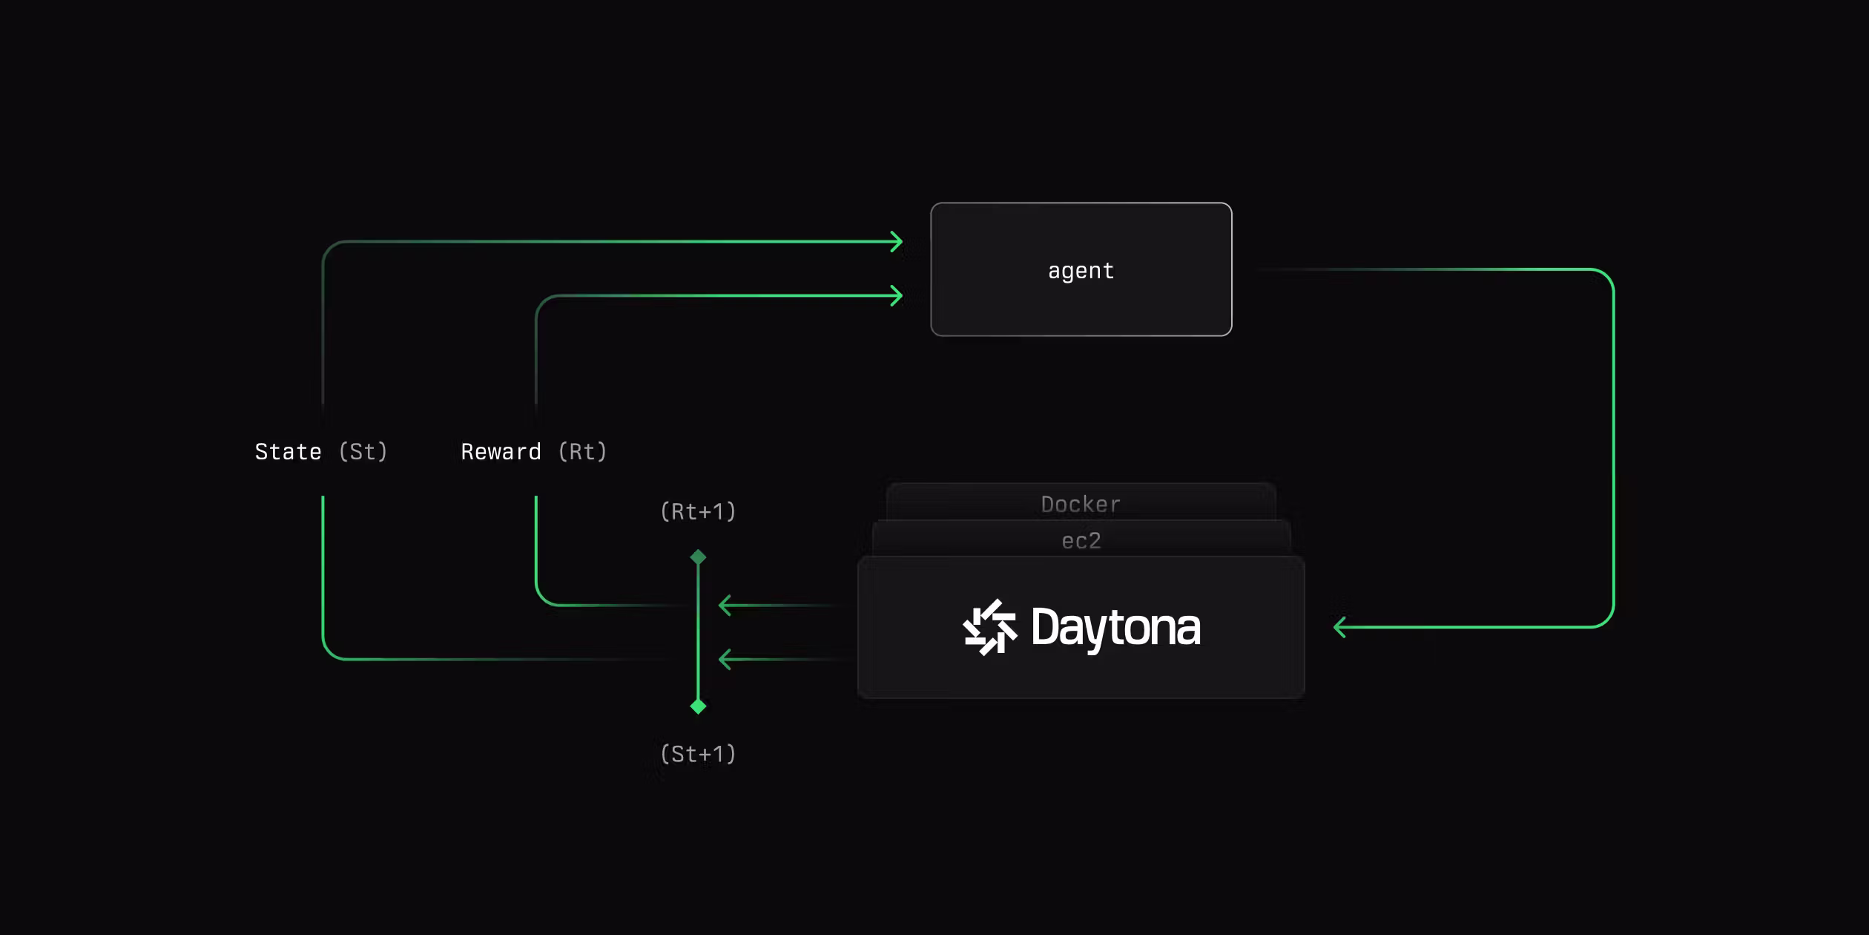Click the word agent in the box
[1081, 272]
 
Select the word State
[288, 452]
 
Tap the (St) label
[363, 452]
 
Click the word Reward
[501, 452]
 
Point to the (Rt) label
[582, 452]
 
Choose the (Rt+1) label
[698, 511]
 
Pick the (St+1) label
[698, 754]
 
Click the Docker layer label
[1081, 505]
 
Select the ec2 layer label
[1081, 541]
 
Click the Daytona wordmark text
[1115, 629]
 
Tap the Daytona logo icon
[989, 628]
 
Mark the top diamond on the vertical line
[698, 557]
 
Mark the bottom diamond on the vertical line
[698, 706]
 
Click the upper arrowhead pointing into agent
[897, 241]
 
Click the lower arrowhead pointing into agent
[897, 295]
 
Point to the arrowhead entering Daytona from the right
[1339, 627]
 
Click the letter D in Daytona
[1046, 627]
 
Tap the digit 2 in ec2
[1095, 541]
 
